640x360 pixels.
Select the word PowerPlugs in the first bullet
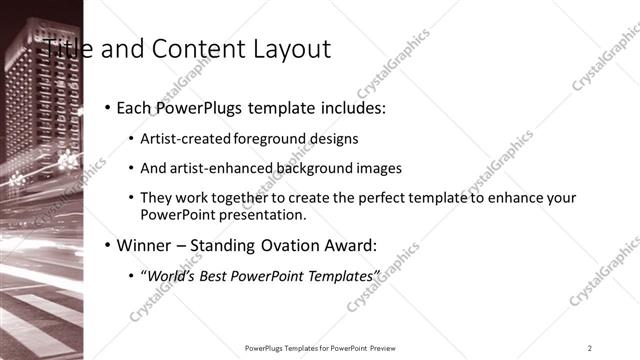201,107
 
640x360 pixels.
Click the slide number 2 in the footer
590,347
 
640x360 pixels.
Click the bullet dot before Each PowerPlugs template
107,107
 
